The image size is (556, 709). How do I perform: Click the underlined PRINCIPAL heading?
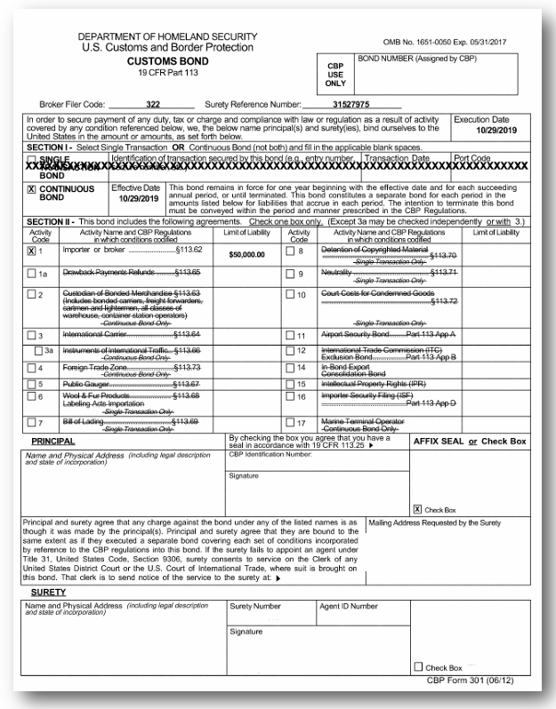click(x=52, y=440)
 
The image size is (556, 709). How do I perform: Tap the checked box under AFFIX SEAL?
click(x=419, y=509)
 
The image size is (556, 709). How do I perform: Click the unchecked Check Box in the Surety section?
click(x=419, y=667)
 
